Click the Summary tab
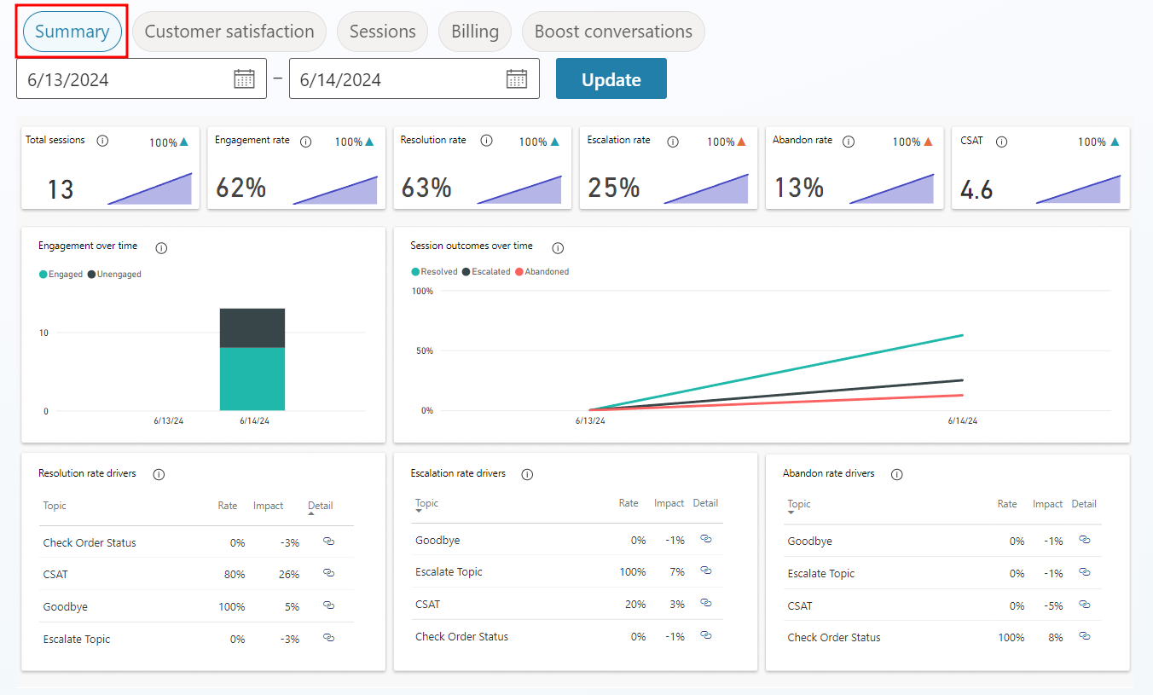pos(72,32)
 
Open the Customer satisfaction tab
pos(229,32)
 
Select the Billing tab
pos(475,32)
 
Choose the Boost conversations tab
pos(613,32)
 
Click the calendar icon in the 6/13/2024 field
pos(244,79)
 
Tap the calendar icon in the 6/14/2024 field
pos(517,79)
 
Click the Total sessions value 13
pos(61,188)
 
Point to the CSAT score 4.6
pos(976,188)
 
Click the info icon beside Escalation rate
pos(673,142)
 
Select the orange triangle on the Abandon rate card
pos(927,142)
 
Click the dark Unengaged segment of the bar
pos(252,327)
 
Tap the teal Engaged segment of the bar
pos(252,379)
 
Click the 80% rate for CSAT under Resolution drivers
pos(235,575)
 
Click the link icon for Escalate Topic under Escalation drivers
pos(705,570)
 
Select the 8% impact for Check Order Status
pos(1055,638)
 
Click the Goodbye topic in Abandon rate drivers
pos(809,542)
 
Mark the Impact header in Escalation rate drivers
pos(669,503)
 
